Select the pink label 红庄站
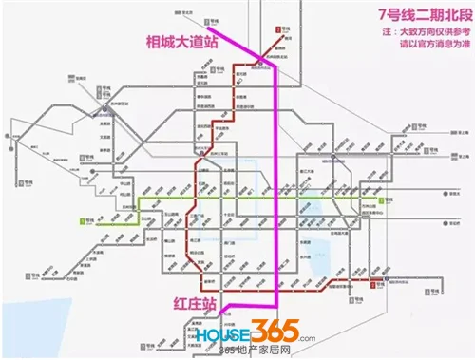[189, 306]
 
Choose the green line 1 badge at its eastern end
[382, 200]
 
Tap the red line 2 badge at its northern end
[278, 30]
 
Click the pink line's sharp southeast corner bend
[277, 306]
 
